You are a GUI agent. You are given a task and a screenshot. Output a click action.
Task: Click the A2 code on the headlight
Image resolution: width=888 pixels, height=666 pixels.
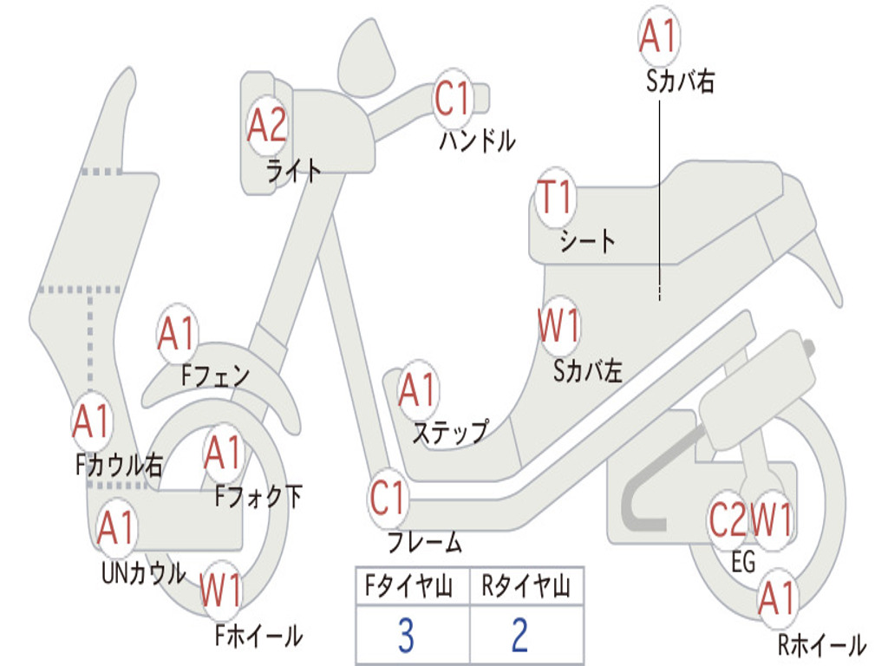[x=267, y=125]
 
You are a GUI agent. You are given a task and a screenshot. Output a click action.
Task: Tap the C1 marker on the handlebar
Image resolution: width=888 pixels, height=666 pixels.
[x=453, y=98]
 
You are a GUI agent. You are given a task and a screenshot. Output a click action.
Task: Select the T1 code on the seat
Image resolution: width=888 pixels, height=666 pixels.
[x=556, y=197]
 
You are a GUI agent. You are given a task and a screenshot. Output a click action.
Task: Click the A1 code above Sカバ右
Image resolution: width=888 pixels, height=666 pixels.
[x=659, y=35]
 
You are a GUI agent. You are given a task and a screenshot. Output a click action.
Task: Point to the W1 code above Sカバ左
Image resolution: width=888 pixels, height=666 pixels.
[x=559, y=325]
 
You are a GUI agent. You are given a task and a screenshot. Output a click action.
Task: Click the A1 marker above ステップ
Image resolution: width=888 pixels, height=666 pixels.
[x=418, y=389]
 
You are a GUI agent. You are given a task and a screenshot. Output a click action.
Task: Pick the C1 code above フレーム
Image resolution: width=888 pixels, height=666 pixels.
[x=388, y=497]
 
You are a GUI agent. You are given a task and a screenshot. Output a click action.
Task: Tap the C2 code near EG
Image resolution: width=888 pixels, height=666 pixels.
[x=728, y=519]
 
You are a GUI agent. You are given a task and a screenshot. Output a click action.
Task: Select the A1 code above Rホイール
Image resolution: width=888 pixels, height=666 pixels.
[x=778, y=598]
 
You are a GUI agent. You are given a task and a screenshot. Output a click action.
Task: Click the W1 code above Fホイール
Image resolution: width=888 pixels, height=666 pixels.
[x=221, y=589]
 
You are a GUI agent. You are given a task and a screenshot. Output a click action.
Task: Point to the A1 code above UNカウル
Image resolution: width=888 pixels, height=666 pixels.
[x=116, y=526]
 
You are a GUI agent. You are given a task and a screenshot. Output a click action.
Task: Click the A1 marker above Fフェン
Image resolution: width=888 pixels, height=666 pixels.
[x=177, y=334]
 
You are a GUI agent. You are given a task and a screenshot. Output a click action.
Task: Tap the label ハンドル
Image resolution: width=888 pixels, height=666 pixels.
[x=478, y=140]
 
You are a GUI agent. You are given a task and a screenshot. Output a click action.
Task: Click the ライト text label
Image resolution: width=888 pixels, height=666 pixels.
[x=294, y=171]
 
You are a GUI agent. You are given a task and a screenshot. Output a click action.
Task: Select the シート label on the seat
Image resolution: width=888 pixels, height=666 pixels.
[x=587, y=241]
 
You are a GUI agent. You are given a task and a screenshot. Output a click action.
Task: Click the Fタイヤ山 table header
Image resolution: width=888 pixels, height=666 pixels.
[x=409, y=585]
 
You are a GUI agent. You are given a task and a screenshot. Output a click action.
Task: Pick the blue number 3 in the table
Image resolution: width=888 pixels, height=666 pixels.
[x=406, y=636]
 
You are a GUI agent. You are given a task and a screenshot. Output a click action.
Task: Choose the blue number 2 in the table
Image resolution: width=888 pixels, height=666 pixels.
[x=520, y=636]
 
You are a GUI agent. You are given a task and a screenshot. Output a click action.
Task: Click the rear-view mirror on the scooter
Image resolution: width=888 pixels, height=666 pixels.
[x=367, y=58]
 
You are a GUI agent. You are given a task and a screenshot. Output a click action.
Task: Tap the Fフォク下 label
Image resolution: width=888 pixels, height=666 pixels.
[x=258, y=496]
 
